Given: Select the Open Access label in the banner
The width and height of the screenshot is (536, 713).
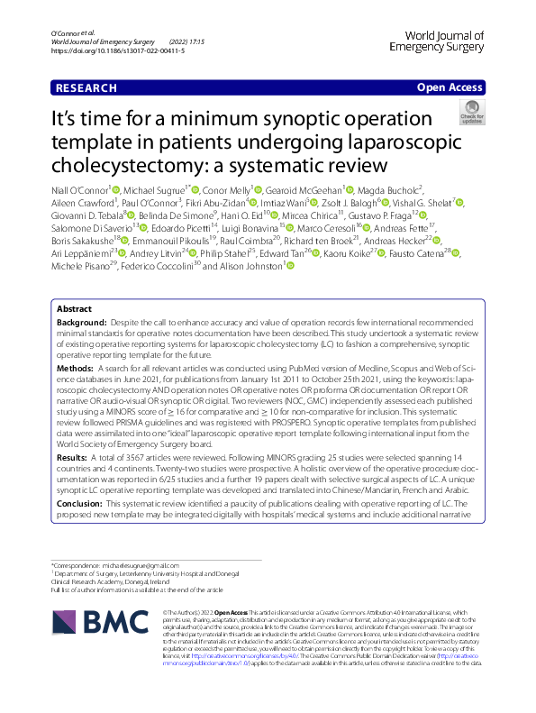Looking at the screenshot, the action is (450, 87).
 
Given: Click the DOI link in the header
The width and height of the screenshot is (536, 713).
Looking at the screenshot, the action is (112, 51).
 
